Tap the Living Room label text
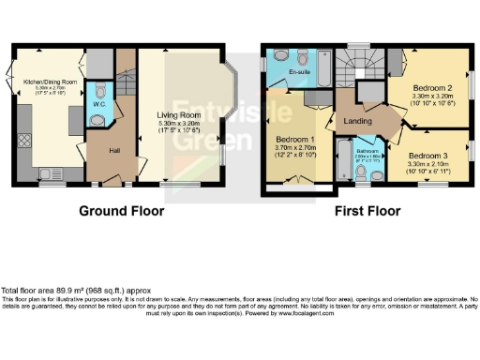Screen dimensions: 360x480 (x=178, y=114)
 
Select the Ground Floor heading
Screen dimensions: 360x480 (x=121, y=211)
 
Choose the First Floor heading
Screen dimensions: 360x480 (x=368, y=211)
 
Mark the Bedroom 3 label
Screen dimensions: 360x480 (x=427, y=155)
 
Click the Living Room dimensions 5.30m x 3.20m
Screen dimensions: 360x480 (x=178, y=123)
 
